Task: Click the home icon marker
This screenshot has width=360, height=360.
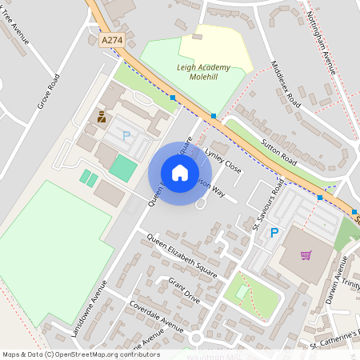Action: point(180,173)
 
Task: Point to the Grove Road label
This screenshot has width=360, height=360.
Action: point(49,91)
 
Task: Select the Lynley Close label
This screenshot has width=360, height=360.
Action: point(223,161)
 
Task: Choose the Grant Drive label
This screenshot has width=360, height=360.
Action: point(184,290)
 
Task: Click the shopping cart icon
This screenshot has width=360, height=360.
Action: point(306,256)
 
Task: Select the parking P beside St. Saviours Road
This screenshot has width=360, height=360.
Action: point(274,233)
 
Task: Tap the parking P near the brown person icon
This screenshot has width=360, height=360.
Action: point(126,136)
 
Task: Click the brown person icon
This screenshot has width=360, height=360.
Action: point(102,117)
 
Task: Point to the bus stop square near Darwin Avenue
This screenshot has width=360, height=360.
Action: point(320,197)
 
